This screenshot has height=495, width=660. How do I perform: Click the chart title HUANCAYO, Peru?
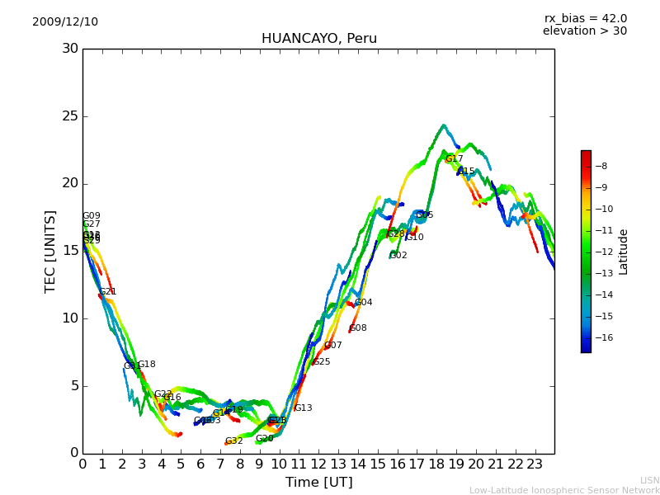pyautogui.click(x=318, y=39)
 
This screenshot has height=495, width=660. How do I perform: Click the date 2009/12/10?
pyautogui.click(x=65, y=22)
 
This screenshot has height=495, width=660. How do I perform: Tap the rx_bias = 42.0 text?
pyautogui.click(x=585, y=18)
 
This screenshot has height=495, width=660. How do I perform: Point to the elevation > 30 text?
pyautogui.click(x=584, y=31)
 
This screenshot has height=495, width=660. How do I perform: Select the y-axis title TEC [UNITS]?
pyautogui.click(x=50, y=251)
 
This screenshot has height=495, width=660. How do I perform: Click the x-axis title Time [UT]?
pyautogui.click(x=318, y=483)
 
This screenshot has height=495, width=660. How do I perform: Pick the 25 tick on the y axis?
pyautogui.click(x=70, y=115)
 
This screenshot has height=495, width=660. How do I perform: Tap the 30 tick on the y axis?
pyautogui.click(x=70, y=49)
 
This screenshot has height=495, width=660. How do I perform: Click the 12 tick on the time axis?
pyautogui.click(x=318, y=464)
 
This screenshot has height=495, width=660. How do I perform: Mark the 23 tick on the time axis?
pyautogui.click(x=535, y=464)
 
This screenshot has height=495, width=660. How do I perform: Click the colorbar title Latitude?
pyautogui.click(x=624, y=252)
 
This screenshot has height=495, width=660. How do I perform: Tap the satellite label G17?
pyautogui.click(x=455, y=159)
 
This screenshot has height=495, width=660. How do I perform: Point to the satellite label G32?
pyautogui.click(x=234, y=441)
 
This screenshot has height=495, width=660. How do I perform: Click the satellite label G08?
pyautogui.click(x=358, y=328)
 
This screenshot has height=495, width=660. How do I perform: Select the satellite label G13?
pyautogui.click(x=304, y=408)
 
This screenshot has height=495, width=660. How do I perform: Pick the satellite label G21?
pyautogui.click(x=108, y=292)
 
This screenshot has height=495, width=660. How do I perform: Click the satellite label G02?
pyautogui.click(x=398, y=256)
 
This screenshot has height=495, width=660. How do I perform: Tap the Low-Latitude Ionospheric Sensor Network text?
pyautogui.click(x=564, y=490)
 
